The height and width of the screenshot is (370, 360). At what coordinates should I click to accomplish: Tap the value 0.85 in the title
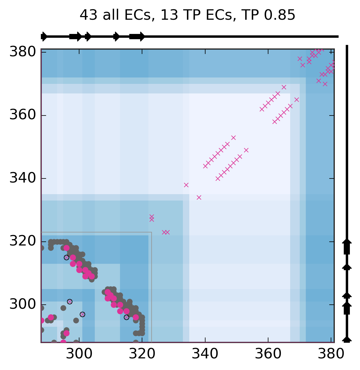click(x=280, y=15)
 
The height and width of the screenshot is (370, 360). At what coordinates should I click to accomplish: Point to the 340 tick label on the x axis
click(x=205, y=354)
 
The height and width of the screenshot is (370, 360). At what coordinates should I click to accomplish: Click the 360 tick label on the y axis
click(x=23, y=115)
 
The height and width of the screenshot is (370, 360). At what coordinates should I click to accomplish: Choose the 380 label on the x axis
click(x=330, y=354)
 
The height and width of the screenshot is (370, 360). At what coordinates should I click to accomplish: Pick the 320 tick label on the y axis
click(x=23, y=241)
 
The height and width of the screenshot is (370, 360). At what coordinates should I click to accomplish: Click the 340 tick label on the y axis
click(x=23, y=178)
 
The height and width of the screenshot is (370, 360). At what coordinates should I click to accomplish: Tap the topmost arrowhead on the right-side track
click(x=347, y=241)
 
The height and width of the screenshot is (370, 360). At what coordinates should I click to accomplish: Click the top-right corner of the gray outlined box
click(x=152, y=232)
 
